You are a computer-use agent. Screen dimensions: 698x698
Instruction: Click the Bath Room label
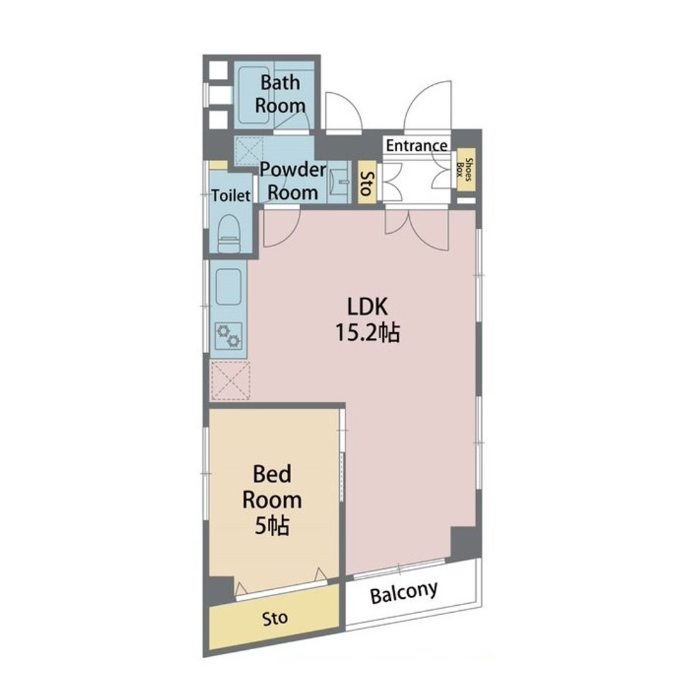pos(280,94)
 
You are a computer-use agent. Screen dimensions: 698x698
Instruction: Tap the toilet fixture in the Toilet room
pos(229,233)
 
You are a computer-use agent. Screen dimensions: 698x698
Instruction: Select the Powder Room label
pos(292,181)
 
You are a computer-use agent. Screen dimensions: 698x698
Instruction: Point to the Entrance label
pos(416,145)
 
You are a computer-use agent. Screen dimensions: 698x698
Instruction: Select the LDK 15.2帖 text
pos(367,319)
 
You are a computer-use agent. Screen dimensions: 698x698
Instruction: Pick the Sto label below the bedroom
pos(274,618)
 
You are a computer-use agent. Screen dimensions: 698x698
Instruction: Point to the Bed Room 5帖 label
pos(272,500)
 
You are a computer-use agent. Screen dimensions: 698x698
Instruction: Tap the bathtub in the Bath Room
pos(254,95)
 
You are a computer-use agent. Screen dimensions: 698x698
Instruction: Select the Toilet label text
pos(230,195)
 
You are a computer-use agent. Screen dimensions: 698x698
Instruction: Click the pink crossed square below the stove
pos(230,380)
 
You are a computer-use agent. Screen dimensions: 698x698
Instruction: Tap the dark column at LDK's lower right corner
pos(466,544)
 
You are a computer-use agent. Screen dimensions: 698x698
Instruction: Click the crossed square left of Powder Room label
pos(249,151)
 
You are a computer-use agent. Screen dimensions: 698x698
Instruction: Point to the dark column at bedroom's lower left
pos(221,591)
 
